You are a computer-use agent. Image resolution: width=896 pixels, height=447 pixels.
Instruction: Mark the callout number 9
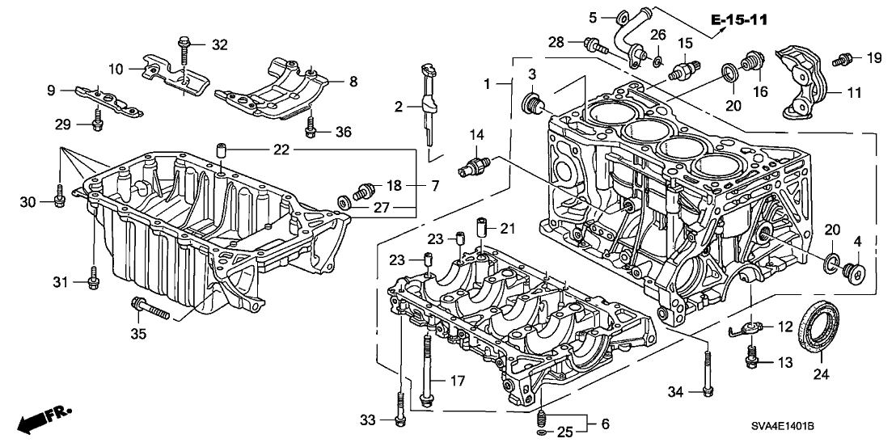click(x=51, y=91)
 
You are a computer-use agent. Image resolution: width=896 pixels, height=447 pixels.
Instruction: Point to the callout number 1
click(x=487, y=84)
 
